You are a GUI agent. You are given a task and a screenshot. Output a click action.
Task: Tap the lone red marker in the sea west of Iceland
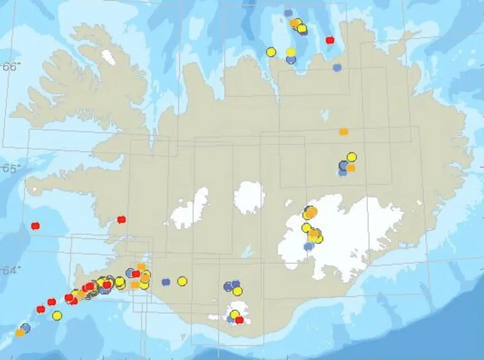[x=35, y=226]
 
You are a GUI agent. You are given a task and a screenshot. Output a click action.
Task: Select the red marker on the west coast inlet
[x=121, y=220]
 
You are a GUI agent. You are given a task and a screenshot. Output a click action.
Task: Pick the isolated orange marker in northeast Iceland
[x=344, y=132]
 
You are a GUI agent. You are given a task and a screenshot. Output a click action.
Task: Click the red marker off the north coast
[x=330, y=40]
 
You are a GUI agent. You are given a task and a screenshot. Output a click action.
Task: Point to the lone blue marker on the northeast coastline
[x=337, y=67]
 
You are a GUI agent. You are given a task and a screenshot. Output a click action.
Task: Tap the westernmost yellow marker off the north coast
[x=271, y=52]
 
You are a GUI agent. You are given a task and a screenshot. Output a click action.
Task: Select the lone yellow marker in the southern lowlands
[x=182, y=281]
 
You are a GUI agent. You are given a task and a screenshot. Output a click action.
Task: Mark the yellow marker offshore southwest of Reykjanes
[x=57, y=315]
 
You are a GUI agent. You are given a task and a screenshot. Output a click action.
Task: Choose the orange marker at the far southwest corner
[x=20, y=333]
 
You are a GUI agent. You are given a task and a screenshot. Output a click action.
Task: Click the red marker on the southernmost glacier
[x=239, y=320]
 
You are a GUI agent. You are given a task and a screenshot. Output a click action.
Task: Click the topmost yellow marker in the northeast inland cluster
[x=352, y=157]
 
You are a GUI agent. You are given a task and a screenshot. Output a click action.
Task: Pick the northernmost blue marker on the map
[x=288, y=13]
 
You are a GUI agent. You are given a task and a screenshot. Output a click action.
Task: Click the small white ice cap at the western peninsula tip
[x=35, y=189]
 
